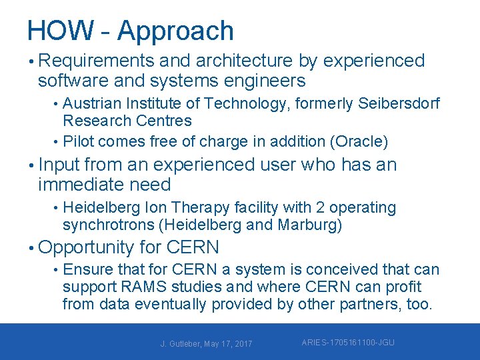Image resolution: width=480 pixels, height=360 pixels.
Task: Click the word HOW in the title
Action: (x=60, y=31)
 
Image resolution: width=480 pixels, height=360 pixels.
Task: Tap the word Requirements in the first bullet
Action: (x=98, y=61)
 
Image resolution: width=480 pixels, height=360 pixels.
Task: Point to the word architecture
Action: (x=244, y=61)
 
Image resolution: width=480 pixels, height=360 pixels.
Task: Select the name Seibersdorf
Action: (x=399, y=104)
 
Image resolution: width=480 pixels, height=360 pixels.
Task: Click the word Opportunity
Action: (x=87, y=248)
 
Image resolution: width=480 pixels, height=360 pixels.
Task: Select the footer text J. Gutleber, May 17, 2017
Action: (x=206, y=343)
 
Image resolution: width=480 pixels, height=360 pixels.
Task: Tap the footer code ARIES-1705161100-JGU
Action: (x=348, y=343)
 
